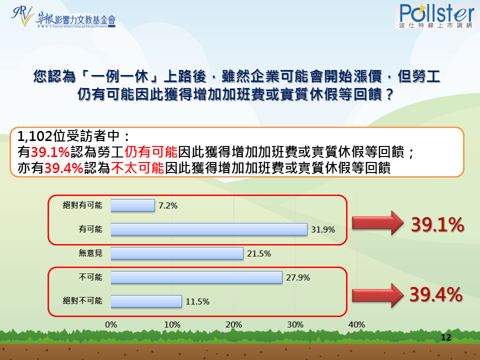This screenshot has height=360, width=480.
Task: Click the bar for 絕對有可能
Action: click(132, 205)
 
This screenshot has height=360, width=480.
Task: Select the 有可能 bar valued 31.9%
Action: click(209, 229)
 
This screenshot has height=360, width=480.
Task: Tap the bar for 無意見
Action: click(177, 253)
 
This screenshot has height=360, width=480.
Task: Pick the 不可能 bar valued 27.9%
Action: click(196, 277)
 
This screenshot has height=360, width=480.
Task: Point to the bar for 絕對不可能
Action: click(146, 301)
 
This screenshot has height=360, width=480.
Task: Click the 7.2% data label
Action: click(168, 205)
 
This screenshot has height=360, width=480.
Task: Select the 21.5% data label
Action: click(259, 253)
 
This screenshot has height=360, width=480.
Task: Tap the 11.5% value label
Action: click(197, 301)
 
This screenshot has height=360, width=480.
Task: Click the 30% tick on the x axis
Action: click(295, 325)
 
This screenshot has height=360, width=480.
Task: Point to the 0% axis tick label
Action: click(111, 325)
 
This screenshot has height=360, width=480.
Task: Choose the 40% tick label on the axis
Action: click(356, 325)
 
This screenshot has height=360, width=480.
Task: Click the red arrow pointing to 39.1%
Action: click(378, 223)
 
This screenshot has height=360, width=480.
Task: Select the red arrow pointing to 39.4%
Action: click(378, 295)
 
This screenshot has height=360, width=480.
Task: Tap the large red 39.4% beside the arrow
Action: click(436, 294)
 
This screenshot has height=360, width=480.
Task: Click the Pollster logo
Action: click(436, 16)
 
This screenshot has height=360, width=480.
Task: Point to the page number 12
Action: click(446, 337)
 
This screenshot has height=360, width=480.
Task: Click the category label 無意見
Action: click(90, 253)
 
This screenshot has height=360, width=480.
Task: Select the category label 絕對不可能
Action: click(82, 301)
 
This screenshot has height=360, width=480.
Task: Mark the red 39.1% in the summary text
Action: click(50, 152)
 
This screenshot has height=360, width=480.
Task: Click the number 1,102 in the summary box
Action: click(35, 136)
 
